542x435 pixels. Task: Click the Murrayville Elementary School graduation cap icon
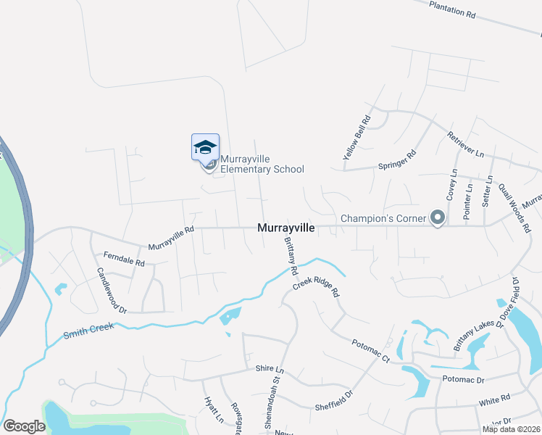coord(205,147)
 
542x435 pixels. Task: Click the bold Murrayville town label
coord(286,228)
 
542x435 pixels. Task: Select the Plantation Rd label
coord(451,9)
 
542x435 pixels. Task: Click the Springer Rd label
coord(398,161)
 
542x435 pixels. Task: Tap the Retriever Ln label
coord(465,144)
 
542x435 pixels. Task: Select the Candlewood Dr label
coord(112,290)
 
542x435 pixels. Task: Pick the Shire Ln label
coord(270,369)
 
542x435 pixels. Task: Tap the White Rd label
coord(495,399)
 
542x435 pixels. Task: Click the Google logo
coord(25,426)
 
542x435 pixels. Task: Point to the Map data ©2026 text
coord(510,429)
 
